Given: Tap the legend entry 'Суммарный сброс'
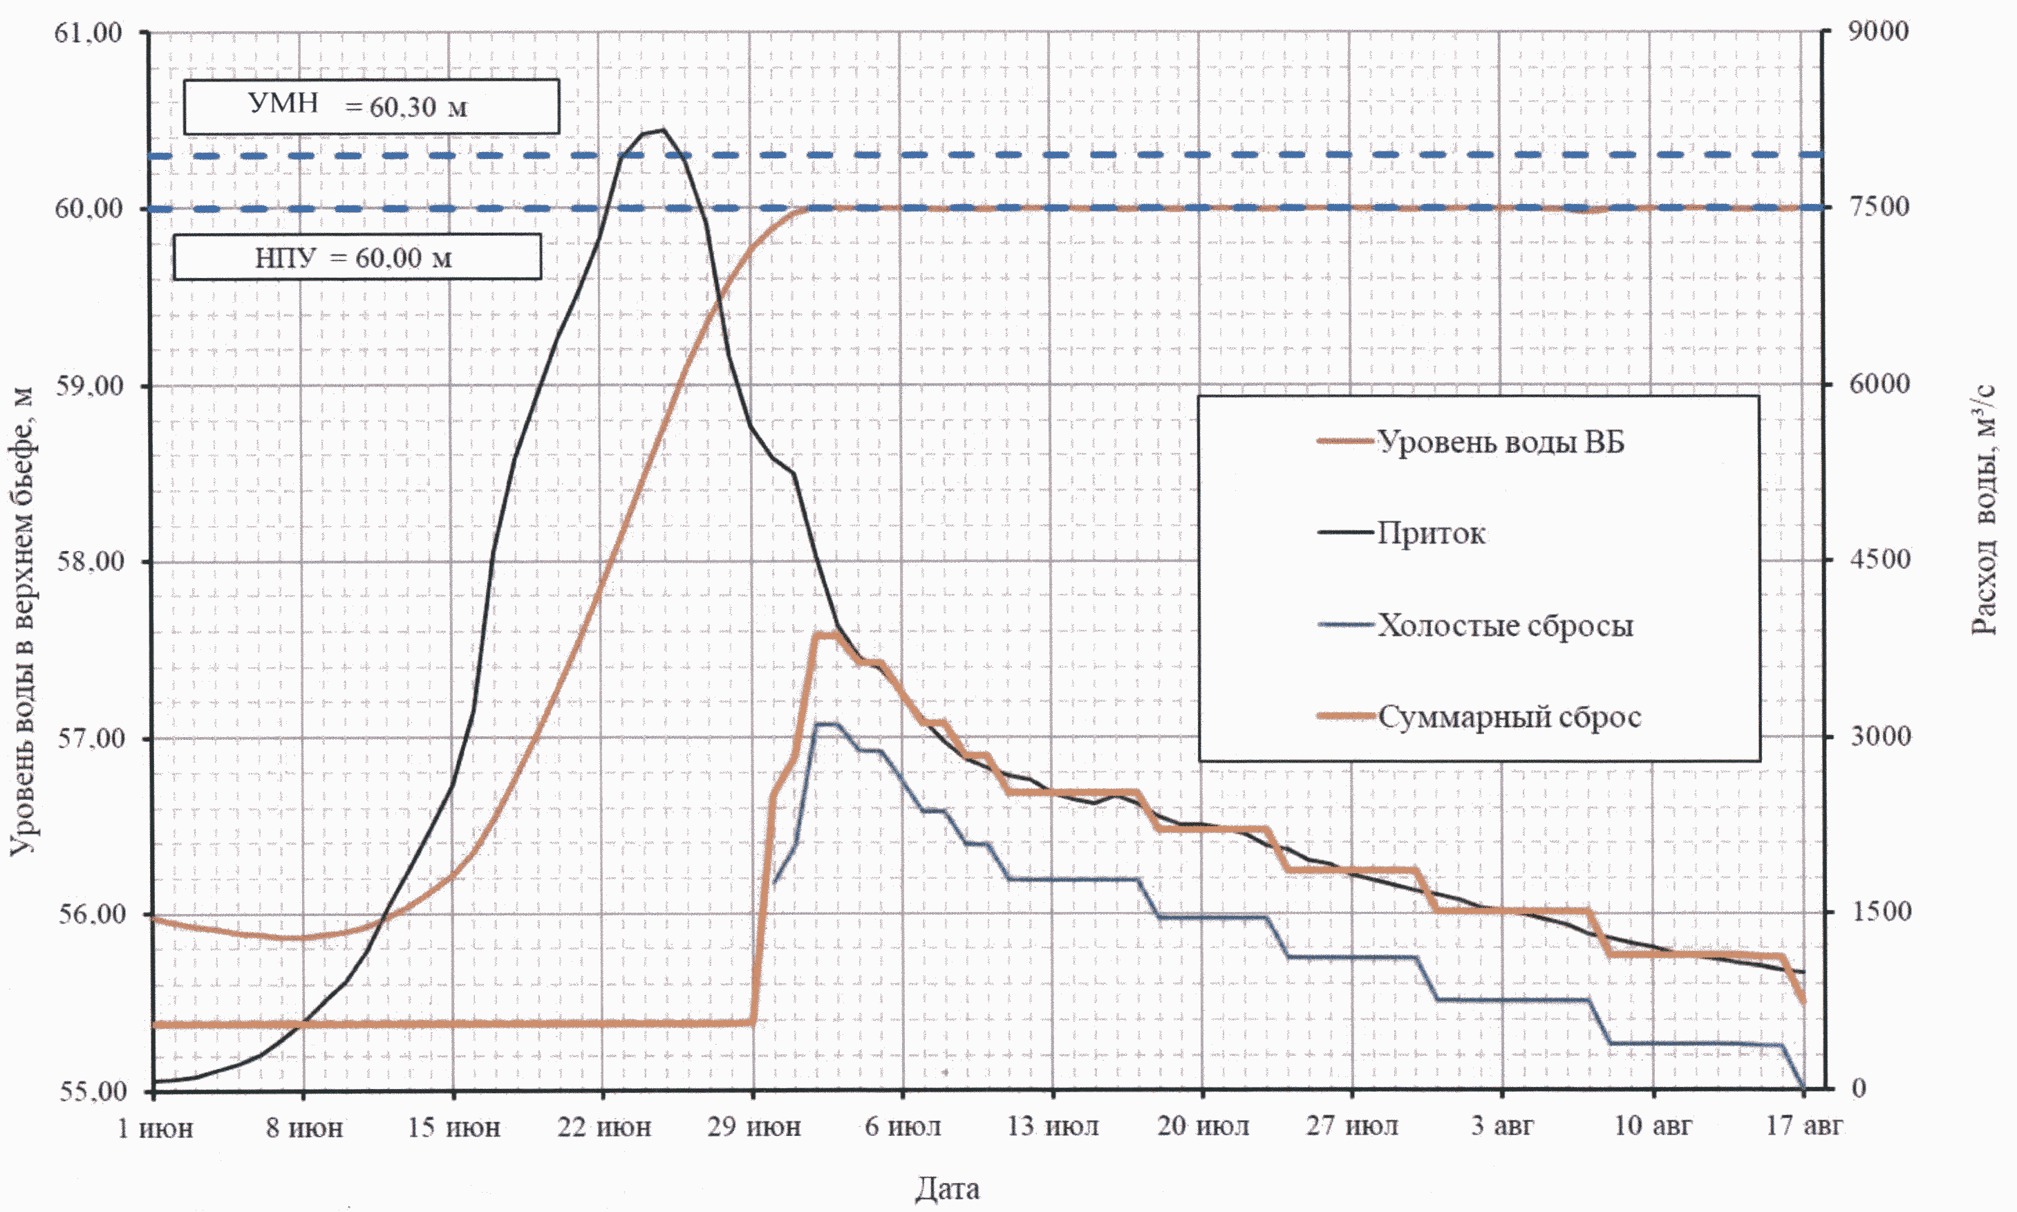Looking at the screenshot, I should [x=1509, y=717].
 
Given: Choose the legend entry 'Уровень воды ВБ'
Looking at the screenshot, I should [x=1500, y=442].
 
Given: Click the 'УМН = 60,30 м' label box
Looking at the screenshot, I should [x=370, y=106].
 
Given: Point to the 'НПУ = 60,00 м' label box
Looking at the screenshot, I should [x=356, y=258].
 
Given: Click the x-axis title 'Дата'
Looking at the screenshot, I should [x=946, y=1188].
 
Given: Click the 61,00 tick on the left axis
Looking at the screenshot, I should [x=88, y=32].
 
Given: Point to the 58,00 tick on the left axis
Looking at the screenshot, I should [x=88, y=562].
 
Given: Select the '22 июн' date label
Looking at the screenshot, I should [x=604, y=1128].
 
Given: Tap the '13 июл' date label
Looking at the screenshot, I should [x=1052, y=1127].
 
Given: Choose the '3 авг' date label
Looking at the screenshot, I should [x=1502, y=1126].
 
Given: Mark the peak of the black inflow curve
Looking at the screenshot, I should [x=663, y=130].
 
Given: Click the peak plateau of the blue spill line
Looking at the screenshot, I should [x=826, y=724].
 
